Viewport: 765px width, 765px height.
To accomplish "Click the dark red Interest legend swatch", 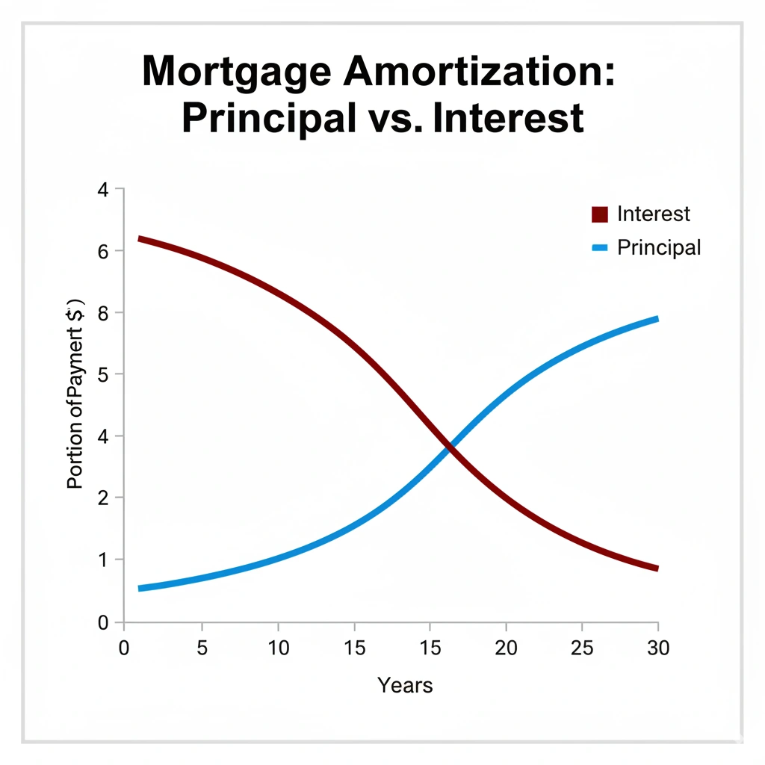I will point(601,214).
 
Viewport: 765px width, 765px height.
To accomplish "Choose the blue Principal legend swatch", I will point(601,247).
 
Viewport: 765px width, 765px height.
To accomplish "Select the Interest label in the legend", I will point(654,214).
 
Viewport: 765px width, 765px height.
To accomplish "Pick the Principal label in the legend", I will point(659,247).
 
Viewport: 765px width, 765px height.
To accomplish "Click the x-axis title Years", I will point(405,684).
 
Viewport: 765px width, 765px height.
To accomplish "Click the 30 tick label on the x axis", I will point(657,647).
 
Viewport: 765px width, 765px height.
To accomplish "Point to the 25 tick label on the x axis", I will point(582,647).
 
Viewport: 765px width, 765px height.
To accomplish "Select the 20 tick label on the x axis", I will point(506,647).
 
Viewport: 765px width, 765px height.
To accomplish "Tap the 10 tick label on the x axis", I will point(278,647).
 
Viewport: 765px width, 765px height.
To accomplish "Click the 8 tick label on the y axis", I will point(103,313).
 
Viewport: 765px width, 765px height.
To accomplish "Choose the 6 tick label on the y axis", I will point(103,251).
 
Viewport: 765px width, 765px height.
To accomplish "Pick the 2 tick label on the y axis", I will point(103,498).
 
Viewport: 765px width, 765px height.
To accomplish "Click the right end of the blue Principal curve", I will point(656,319).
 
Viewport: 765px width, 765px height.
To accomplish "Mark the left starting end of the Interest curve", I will point(140,239).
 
